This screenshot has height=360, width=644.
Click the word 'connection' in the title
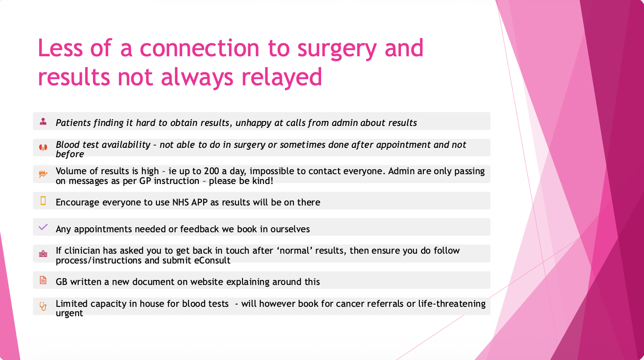pos(200,48)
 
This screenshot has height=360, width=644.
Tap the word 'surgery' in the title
pos(337,50)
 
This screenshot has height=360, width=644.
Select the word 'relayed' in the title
pos(281,77)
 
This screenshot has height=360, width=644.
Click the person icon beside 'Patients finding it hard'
pos(43,121)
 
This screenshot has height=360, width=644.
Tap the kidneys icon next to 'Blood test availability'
pos(43,147)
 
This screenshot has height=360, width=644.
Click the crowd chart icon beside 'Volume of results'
pos(43,174)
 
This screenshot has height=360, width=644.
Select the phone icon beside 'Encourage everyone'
pos(43,201)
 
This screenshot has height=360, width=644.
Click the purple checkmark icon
pos(43,227)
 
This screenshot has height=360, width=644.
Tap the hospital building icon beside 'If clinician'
pos(43,254)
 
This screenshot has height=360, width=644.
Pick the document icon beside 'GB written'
pos(43,280)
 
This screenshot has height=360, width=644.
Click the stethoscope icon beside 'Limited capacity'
pos(43,306)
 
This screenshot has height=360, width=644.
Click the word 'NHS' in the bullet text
pos(180,202)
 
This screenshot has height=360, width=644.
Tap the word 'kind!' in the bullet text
pos(263,181)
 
